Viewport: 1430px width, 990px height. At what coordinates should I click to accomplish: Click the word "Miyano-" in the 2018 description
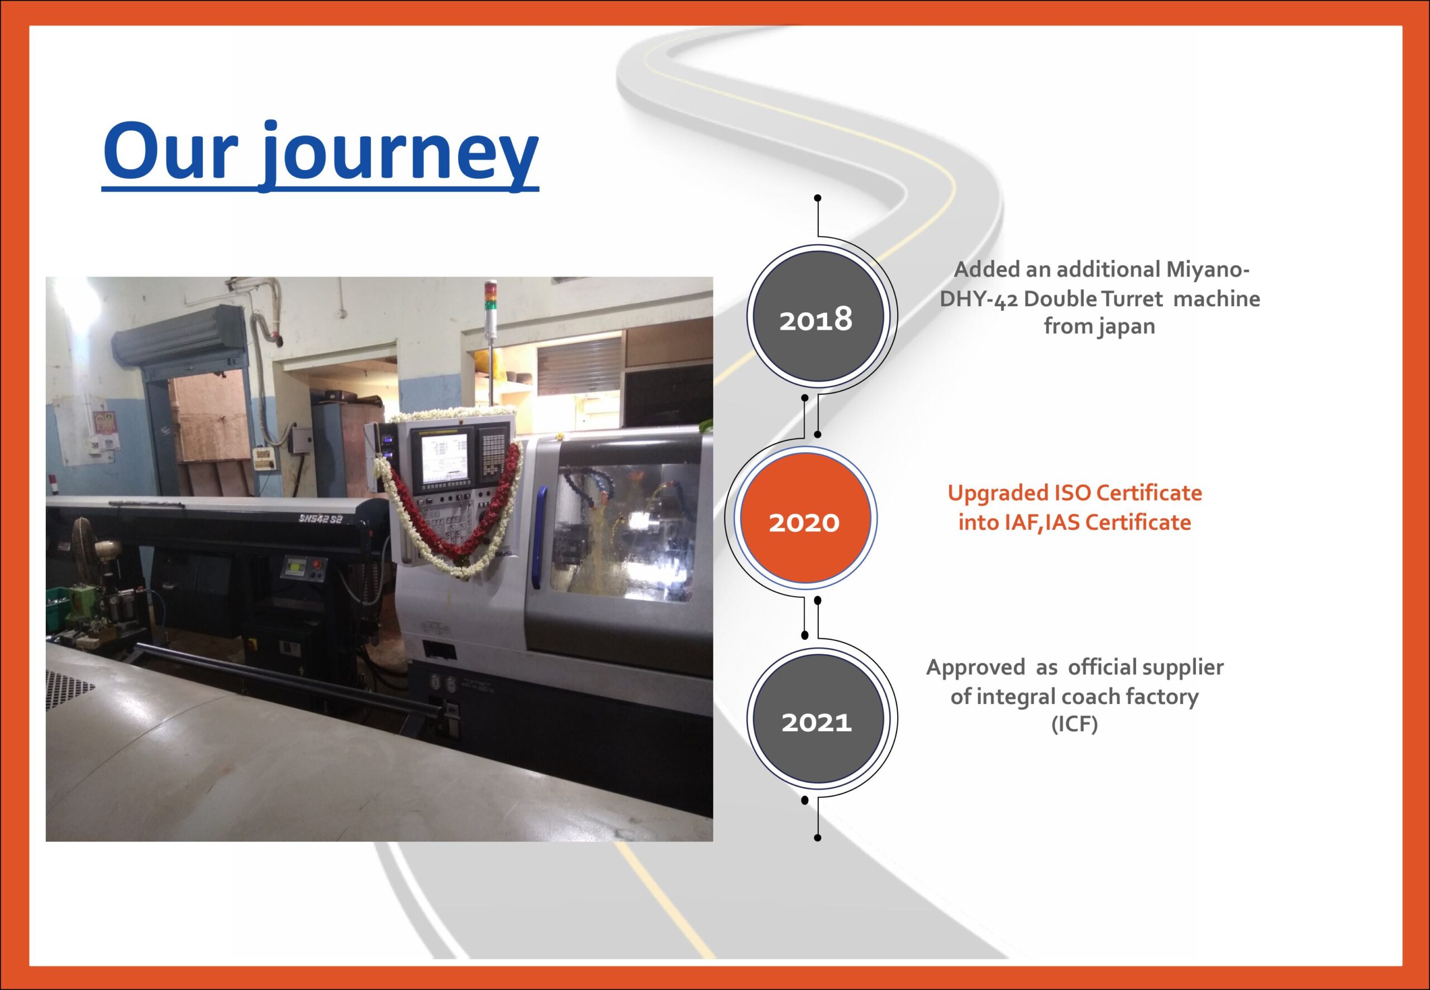(1207, 270)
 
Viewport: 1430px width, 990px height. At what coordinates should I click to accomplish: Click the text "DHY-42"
(979, 299)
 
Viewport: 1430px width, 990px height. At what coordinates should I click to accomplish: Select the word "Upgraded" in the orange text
(998, 494)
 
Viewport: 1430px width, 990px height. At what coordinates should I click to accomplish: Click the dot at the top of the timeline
(818, 198)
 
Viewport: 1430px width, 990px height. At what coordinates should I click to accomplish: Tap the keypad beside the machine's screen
(494, 454)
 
